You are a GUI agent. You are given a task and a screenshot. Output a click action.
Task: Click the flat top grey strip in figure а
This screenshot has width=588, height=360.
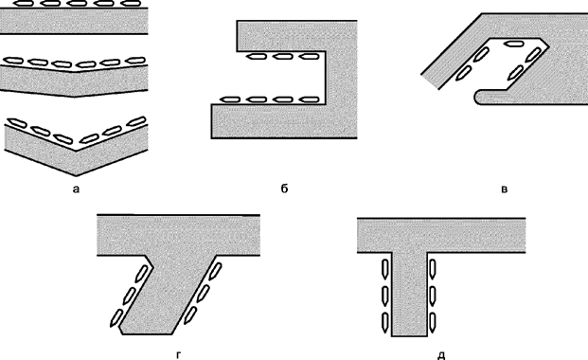point(75,22)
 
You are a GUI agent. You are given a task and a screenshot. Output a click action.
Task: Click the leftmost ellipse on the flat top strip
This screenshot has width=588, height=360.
point(26,4)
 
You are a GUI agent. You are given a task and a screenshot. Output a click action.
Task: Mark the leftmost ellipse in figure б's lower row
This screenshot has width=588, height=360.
point(229,99)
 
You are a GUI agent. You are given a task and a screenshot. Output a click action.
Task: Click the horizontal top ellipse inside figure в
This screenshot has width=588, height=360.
point(515,44)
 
